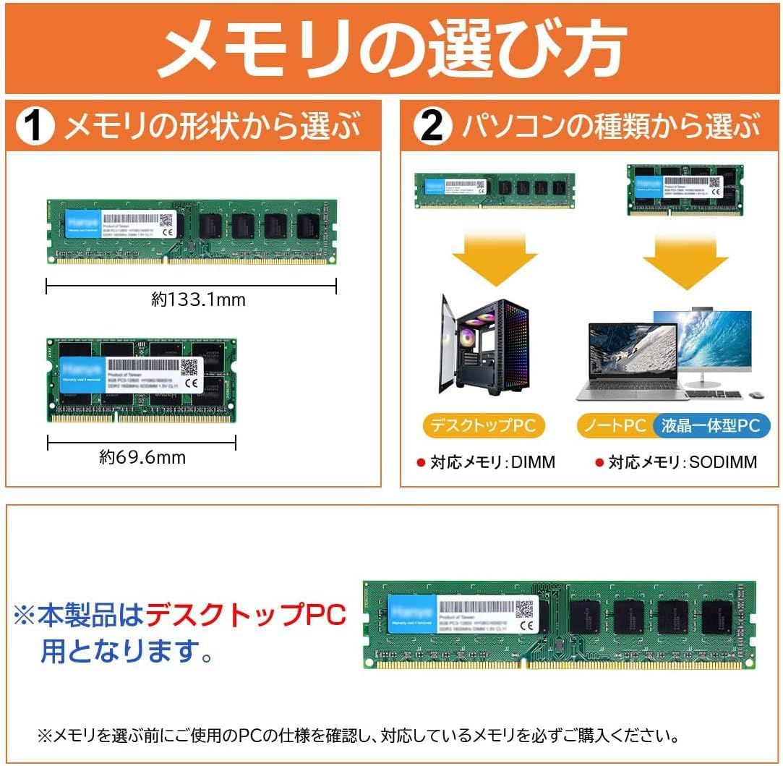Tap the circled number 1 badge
tap(35, 127)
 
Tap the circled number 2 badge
tap(432, 127)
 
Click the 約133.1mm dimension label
tap(198, 299)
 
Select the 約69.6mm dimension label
tap(142, 457)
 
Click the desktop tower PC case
tap(484, 345)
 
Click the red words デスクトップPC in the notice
tap(246, 616)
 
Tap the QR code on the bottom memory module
tap(523, 609)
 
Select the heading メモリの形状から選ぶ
tap(213, 127)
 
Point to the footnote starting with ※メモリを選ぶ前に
tap(358, 736)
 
